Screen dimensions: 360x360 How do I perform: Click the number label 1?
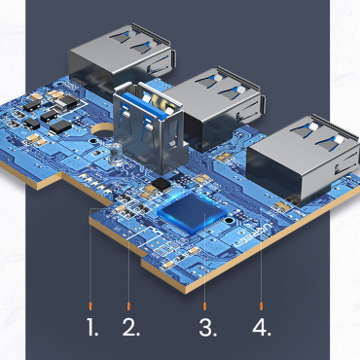92,326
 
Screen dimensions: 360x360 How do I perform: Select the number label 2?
132,326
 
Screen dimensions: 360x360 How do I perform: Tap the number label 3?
207,326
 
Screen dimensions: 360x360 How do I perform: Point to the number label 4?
262,326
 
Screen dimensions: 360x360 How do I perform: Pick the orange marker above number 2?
130,297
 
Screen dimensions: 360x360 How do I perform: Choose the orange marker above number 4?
262,297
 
